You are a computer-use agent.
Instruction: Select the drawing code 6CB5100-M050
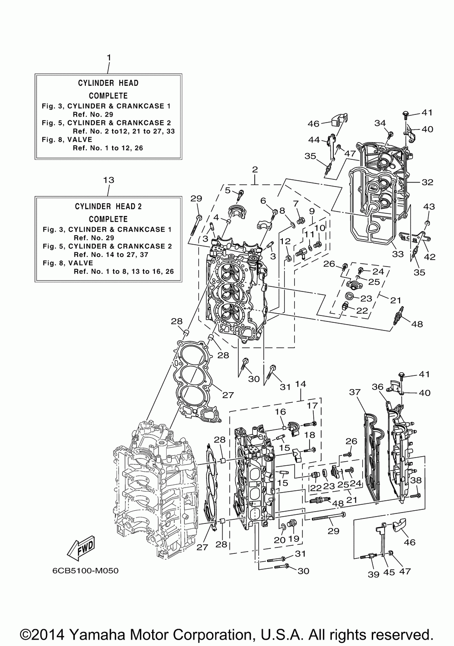(85, 571)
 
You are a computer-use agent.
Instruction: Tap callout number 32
(427, 182)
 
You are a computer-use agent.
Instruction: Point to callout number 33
(398, 254)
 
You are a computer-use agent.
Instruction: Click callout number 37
(355, 392)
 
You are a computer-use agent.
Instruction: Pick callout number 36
(378, 387)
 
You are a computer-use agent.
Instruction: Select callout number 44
(315, 139)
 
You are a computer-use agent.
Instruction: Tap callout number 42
(429, 257)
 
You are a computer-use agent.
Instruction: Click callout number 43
(429, 207)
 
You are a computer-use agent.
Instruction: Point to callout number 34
(380, 123)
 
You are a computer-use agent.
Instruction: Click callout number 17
(312, 405)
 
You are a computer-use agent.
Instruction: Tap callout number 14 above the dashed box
(301, 384)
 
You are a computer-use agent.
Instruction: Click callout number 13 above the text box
(109, 180)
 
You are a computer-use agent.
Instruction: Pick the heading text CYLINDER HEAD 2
(108, 207)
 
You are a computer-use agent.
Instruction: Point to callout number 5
(227, 190)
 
